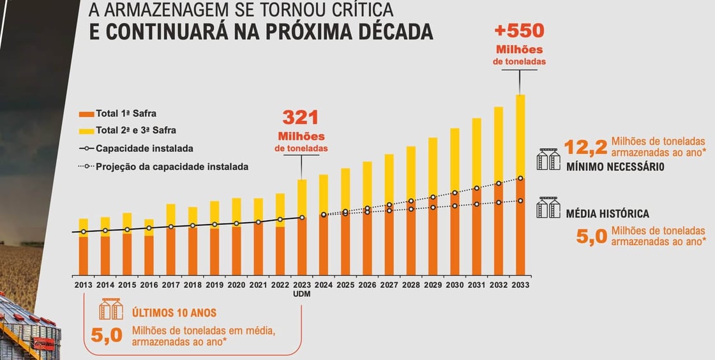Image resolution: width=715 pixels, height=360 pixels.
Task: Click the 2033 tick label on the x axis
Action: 520,285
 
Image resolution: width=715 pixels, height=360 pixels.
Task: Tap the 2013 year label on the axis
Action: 84,285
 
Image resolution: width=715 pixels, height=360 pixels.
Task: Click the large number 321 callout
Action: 301,117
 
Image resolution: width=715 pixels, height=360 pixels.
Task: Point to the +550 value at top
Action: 519,31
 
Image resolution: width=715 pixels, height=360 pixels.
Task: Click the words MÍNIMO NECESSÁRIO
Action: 615,167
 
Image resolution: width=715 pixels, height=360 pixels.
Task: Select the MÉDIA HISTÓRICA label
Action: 607,214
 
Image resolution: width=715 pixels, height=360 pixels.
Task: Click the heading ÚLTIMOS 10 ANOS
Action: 174,313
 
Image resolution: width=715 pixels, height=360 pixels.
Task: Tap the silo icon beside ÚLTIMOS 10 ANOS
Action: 110,310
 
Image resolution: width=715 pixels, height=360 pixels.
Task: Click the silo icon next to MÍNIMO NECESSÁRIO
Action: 548,160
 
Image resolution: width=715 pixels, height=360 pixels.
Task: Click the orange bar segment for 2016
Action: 149,255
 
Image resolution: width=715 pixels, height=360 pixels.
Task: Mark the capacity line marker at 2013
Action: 84,232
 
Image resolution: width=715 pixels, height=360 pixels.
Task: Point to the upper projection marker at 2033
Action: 520,179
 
